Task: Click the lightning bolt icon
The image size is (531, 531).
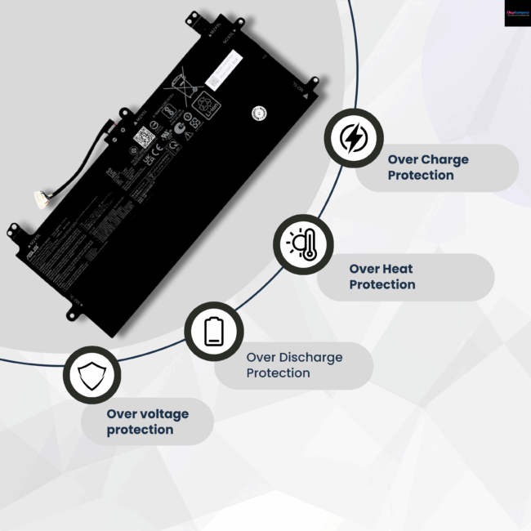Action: coord(353,138)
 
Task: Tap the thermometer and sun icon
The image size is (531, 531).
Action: coord(302,244)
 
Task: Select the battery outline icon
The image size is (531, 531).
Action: coord(213,332)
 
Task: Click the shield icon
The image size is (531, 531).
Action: coord(91,375)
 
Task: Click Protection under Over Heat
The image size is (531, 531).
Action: coord(382,284)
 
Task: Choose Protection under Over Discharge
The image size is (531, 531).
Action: coord(278,373)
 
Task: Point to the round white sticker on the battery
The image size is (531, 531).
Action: coord(259,112)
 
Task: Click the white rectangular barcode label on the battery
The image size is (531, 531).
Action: coord(224,69)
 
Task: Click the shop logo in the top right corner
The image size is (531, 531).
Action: coord(516,12)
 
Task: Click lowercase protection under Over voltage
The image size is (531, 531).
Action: coord(140,430)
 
